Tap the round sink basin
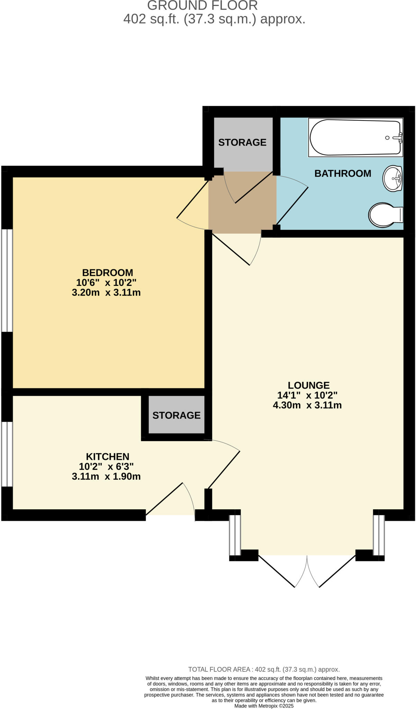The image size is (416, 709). (x=393, y=179)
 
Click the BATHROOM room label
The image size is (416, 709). (x=343, y=173)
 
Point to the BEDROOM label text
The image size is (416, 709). (x=107, y=272)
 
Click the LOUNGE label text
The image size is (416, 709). (x=308, y=385)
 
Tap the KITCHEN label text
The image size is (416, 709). (x=107, y=457)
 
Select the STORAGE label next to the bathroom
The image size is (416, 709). (x=242, y=142)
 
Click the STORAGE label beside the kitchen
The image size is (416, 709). (x=177, y=415)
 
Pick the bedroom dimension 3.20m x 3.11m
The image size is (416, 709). (x=106, y=293)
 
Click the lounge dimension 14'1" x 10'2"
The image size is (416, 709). (x=307, y=395)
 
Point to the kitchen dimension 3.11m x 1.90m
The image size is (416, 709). (x=106, y=476)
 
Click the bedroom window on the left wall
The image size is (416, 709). (x=7, y=280)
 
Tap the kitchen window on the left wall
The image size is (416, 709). (x=7, y=454)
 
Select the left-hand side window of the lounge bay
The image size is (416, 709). (x=235, y=535)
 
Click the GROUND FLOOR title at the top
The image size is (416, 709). (x=202, y=6)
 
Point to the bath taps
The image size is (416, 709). (x=400, y=137)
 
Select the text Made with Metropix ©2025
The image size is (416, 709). (x=264, y=706)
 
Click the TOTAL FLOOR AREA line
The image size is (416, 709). (x=264, y=670)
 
